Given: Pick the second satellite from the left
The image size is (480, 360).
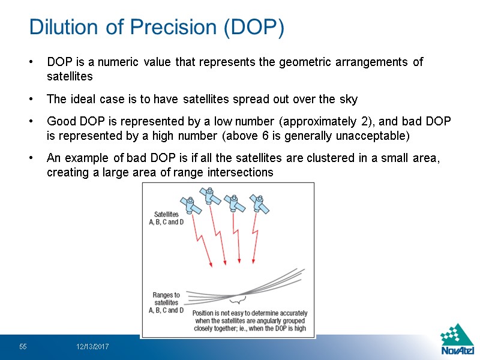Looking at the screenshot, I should coord(209,196).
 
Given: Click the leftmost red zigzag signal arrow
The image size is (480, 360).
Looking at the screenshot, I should coord(203,244).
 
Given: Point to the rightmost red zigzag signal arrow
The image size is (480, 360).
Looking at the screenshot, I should coord(254,243).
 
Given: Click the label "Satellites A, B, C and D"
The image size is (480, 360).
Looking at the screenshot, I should coord(166,218).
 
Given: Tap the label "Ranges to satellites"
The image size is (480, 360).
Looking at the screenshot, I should coord(166,298).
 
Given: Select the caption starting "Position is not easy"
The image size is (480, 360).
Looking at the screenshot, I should coord(250,320).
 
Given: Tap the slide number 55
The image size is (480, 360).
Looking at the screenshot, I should coord(23,347).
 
